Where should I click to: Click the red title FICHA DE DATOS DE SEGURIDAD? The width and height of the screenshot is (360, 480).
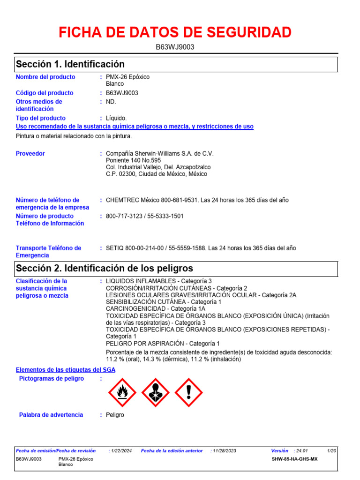(x=175, y=32)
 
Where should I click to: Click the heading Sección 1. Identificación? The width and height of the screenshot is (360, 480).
(x=70, y=64)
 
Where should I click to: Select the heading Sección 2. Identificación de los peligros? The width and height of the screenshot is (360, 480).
(x=105, y=269)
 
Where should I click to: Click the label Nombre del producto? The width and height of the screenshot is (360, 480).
(x=45, y=77)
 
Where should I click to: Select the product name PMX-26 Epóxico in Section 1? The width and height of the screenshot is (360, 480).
(x=128, y=77)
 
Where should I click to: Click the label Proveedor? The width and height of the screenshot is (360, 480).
(x=30, y=154)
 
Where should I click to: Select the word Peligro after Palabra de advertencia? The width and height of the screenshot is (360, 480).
(x=115, y=415)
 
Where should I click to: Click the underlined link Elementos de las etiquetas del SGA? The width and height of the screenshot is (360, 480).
(x=66, y=370)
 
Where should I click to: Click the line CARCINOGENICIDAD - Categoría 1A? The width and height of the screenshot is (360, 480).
(x=156, y=309)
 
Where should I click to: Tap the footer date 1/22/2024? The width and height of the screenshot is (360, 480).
(x=121, y=451)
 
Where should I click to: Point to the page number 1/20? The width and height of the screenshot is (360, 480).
(x=331, y=451)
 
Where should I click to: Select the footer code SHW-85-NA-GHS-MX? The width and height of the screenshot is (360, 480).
(x=294, y=459)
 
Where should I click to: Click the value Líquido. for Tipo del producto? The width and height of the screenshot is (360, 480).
(x=116, y=118)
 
